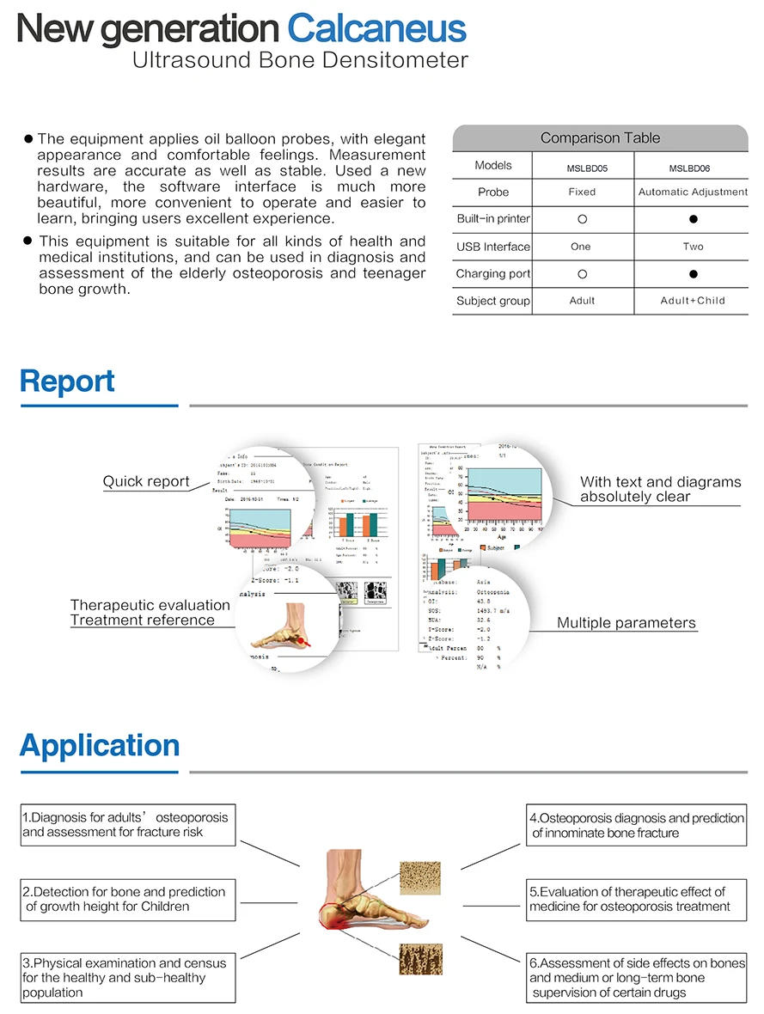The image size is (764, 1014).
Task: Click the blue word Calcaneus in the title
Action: (x=376, y=29)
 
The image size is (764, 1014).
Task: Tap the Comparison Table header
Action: (x=600, y=137)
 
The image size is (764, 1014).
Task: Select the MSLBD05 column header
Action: (x=582, y=169)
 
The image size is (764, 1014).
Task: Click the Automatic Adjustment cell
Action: (x=693, y=192)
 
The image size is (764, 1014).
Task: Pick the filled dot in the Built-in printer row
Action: (x=693, y=219)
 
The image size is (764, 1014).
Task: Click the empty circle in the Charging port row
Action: (x=582, y=274)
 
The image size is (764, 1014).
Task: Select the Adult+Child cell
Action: (x=693, y=301)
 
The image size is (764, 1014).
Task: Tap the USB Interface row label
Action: (x=493, y=247)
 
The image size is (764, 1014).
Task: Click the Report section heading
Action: (x=67, y=381)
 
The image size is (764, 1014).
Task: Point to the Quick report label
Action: (x=146, y=481)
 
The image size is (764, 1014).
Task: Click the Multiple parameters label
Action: (x=626, y=623)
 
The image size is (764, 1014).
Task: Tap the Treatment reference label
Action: (x=143, y=620)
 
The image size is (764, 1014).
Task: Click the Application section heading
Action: (x=100, y=745)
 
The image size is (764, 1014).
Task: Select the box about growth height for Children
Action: (x=128, y=899)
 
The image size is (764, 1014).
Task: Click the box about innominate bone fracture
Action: (x=636, y=825)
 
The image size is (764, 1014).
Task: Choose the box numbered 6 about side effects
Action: (x=636, y=978)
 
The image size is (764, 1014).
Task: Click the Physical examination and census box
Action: (x=128, y=978)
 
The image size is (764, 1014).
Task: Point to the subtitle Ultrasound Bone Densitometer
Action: (x=300, y=61)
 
